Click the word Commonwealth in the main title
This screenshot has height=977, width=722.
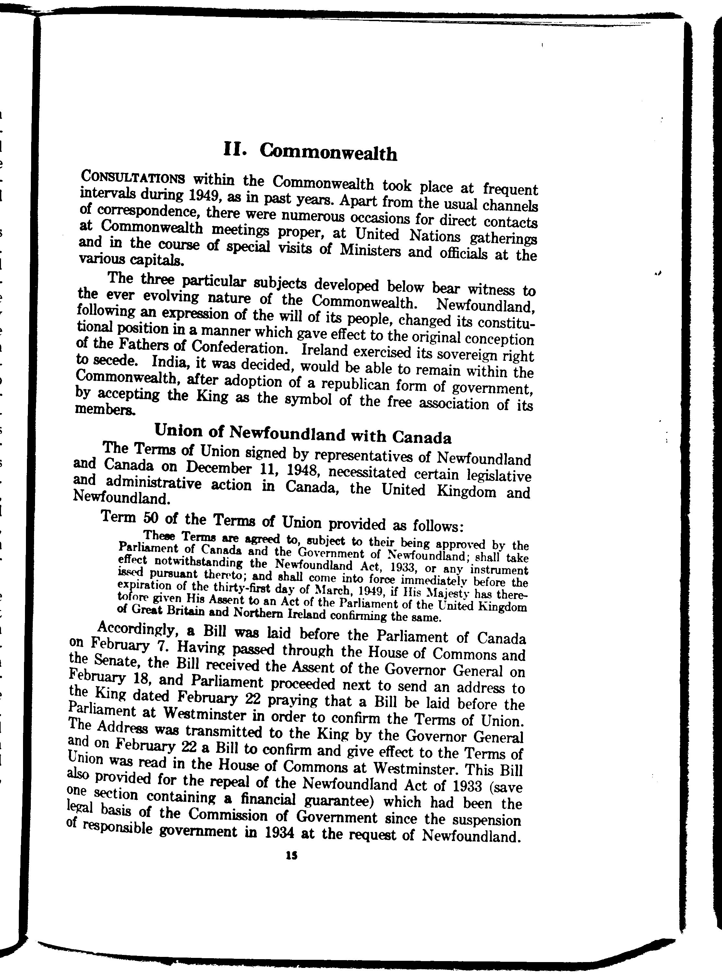point(328,152)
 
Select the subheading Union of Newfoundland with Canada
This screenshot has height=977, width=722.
point(303,435)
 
